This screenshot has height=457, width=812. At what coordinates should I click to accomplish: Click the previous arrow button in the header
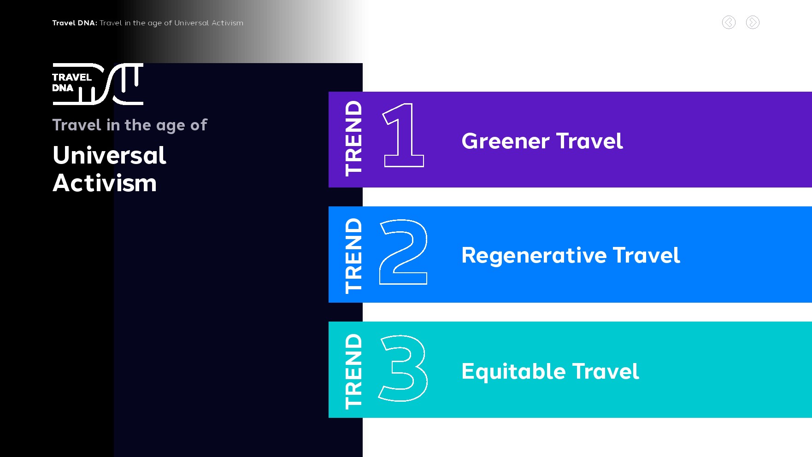click(729, 22)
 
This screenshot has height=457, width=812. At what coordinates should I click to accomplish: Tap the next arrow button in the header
click(753, 22)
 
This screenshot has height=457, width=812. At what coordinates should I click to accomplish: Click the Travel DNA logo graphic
click(98, 84)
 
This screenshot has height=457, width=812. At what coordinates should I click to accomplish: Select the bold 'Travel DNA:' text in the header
click(75, 23)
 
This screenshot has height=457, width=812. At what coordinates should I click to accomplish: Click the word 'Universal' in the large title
click(109, 155)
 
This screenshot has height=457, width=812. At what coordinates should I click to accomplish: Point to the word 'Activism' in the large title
click(105, 183)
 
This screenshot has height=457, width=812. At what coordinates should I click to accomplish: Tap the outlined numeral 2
click(403, 252)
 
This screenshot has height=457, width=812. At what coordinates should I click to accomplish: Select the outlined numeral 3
click(403, 368)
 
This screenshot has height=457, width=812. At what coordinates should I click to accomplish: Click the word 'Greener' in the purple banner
click(506, 141)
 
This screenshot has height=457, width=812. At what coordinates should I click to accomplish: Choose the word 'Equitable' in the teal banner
click(513, 372)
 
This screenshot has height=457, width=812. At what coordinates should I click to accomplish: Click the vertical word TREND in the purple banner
click(354, 138)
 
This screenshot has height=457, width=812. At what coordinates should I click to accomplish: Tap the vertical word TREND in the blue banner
click(354, 256)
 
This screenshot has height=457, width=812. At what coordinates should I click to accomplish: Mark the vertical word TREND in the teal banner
click(354, 371)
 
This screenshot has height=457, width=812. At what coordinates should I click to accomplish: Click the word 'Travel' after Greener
click(589, 141)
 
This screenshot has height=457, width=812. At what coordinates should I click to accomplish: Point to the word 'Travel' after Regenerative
click(647, 255)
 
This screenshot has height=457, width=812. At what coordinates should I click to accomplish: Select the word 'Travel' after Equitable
click(606, 371)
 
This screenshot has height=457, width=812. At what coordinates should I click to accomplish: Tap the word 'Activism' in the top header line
click(227, 23)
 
